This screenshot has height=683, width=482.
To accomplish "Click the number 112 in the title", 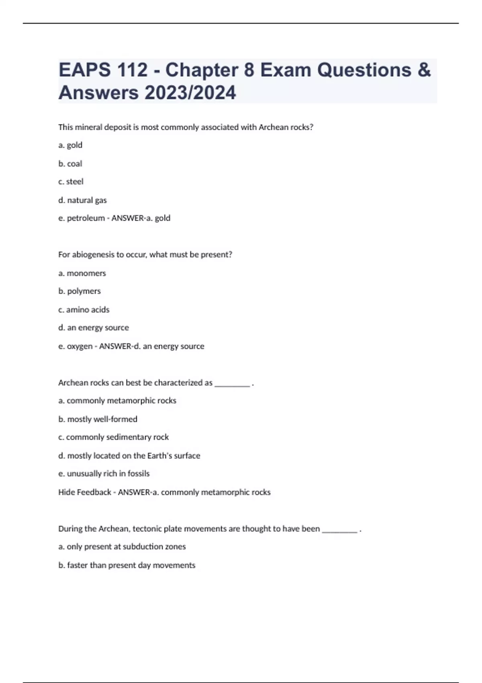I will tap(132, 70).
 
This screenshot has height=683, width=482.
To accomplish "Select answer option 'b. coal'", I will tap(70, 164).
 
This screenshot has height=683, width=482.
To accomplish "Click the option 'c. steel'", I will tap(71, 182).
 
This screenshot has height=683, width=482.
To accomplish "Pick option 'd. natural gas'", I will tap(82, 200).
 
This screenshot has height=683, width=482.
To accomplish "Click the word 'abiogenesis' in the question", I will tap(93, 255).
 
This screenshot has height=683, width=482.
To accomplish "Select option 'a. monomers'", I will tap(82, 273).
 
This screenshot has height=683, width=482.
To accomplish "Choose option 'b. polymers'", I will tap(80, 291).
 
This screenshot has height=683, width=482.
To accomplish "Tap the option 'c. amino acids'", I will tap(84, 310).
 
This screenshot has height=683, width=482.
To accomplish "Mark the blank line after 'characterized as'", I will tap(232, 384).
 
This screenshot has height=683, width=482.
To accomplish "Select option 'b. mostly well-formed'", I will tap(98, 419).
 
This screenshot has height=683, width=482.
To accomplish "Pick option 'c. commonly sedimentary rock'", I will tap(113, 437).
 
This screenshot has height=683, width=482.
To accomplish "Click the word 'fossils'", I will tap(138, 474).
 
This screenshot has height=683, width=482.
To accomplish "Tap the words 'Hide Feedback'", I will tap(84, 492).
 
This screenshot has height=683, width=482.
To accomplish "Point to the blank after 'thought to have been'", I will tap(339, 530).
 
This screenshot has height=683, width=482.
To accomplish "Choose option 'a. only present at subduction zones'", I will tap(122, 547).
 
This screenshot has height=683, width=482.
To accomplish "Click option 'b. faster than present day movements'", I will tap(127, 565).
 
